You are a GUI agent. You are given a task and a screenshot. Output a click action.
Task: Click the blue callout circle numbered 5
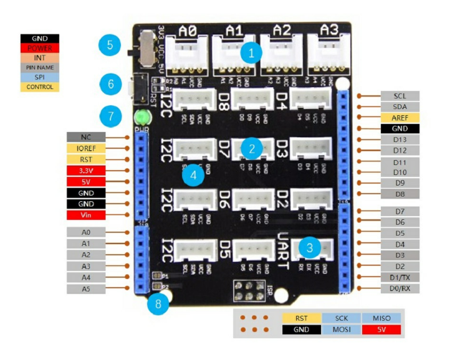tap(110, 45)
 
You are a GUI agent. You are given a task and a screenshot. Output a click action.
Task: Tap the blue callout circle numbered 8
tap(158, 305)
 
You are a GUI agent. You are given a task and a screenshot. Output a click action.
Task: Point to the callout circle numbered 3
tap(309, 247)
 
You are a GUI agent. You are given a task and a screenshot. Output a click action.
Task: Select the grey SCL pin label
tap(400, 96)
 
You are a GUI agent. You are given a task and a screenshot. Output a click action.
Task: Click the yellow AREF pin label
tap(400, 117)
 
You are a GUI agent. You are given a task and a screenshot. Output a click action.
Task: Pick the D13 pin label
tap(400, 139)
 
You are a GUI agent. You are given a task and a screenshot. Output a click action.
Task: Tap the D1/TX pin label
tap(400, 277)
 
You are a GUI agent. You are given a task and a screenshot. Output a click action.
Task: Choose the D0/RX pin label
tap(400, 288)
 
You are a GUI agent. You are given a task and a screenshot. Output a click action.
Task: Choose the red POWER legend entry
tap(39, 48)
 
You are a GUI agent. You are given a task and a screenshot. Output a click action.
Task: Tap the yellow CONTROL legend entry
tap(39, 87)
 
